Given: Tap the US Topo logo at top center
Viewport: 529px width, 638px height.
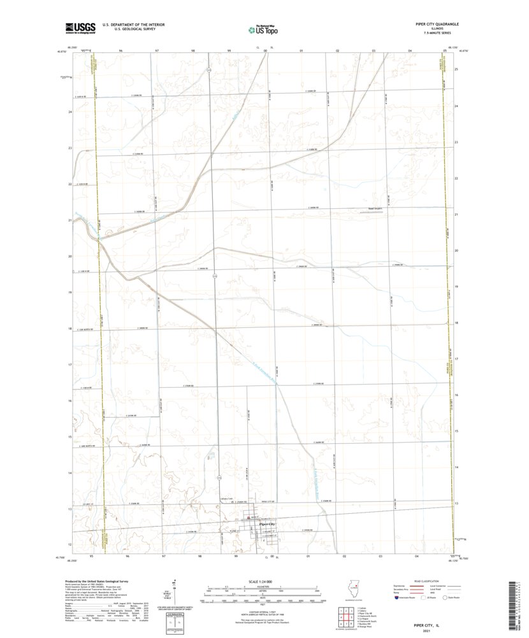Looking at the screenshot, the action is click(x=262, y=28).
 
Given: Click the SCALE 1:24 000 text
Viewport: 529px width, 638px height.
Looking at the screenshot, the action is click(x=261, y=582).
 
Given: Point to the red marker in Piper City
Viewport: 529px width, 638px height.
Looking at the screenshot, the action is click(x=249, y=518).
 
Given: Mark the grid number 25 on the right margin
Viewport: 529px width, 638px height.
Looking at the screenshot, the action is click(x=456, y=69).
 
